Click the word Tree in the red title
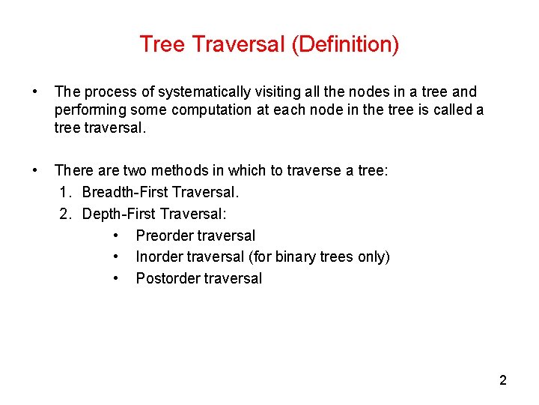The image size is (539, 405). pyautogui.click(x=162, y=44)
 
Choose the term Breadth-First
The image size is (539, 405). pyautogui.click(x=125, y=193)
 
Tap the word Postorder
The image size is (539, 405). pyautogui.click(x=168, y=278)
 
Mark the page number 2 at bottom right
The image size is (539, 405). pyautogui.click(x=503, y=380)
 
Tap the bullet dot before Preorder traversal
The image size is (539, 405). pyautogui.click(x=116, y=236)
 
